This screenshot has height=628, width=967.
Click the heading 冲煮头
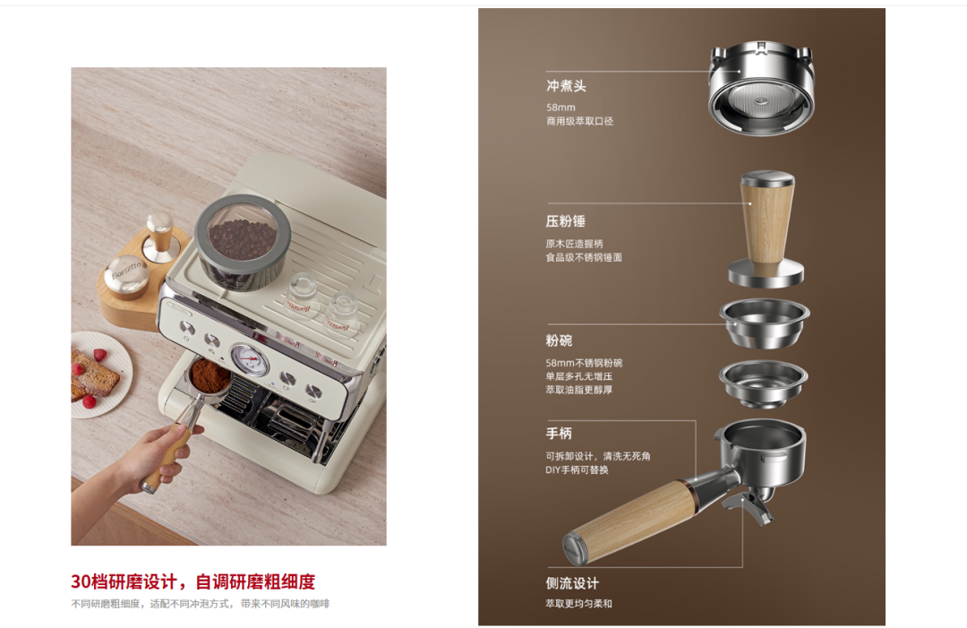(x=566, y=86)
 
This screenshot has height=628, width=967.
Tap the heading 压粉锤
(x=565, y=221)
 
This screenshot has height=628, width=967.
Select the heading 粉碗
(x=559, y=341)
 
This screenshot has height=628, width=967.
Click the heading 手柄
(x=559, y=434)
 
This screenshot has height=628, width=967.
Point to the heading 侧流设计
(x=572, y=583)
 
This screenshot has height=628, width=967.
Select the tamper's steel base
(x=766, y=274)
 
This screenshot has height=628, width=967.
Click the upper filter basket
(x=765, y=323)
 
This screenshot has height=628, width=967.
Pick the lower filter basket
(x=763, y=383)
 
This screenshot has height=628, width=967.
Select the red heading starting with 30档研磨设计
(x=193, y=581)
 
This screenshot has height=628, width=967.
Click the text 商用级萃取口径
(x=579, y=121)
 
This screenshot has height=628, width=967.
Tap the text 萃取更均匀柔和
(x=578, y=604)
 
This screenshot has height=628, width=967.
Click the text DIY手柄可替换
(x=577, y=469)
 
